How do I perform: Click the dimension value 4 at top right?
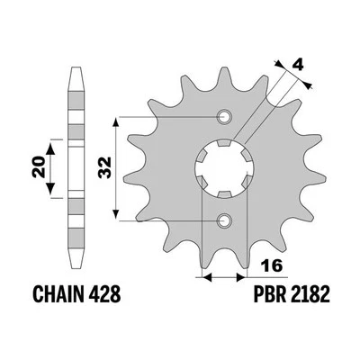[296, 66]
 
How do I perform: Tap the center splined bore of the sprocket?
[223, 168]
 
